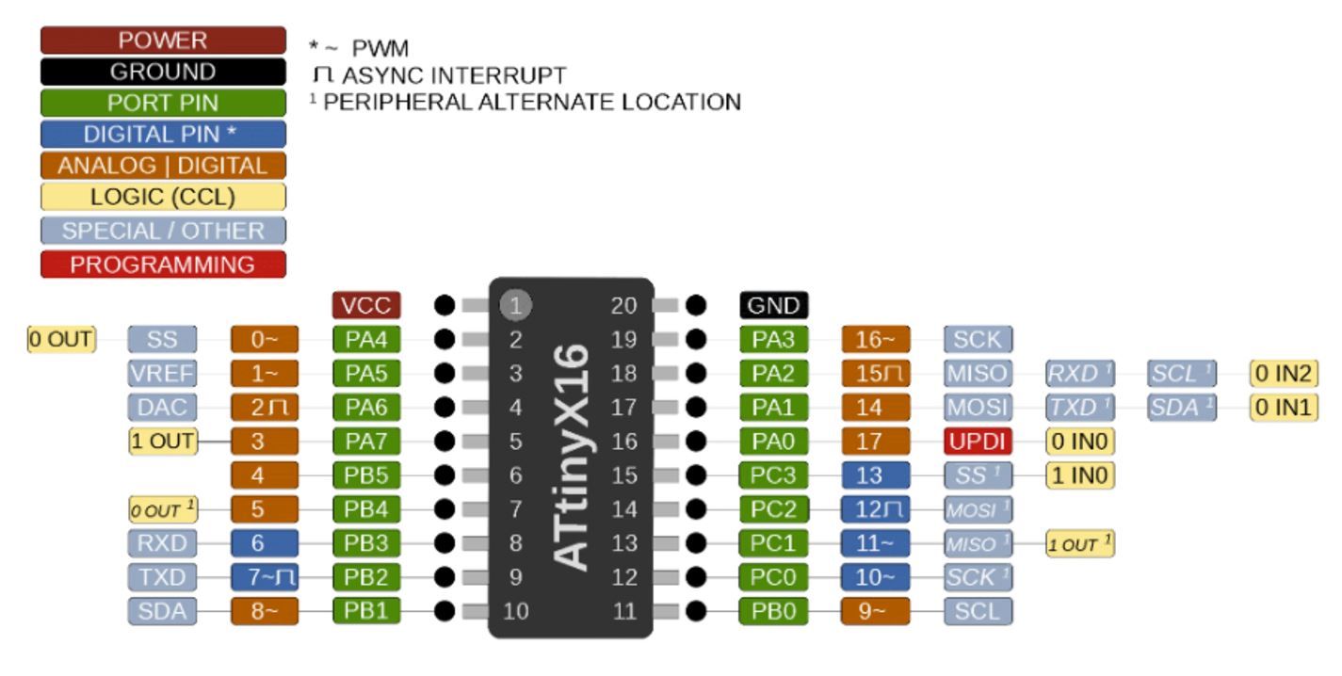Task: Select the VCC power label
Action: point(366,305)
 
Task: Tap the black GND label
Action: point(773,305)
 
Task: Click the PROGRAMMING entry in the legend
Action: point(163,265)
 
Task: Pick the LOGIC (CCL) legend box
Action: point(163,197)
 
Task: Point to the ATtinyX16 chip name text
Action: point(572,457)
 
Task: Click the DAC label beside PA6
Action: point(162,407)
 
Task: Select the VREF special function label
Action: point(162,374)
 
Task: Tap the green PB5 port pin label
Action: point(366,475)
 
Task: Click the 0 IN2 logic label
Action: point(1283,374)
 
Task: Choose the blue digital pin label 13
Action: point(876,475)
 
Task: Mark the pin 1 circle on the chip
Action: point(515,305)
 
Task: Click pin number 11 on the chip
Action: point(624,611)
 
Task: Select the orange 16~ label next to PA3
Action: point(876,340)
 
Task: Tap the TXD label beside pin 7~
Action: point(162,577)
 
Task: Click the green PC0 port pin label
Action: point(773,577)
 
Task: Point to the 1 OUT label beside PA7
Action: point(163,441)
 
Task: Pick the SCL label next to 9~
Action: point(978,611)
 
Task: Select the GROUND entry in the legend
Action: point(163,72)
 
